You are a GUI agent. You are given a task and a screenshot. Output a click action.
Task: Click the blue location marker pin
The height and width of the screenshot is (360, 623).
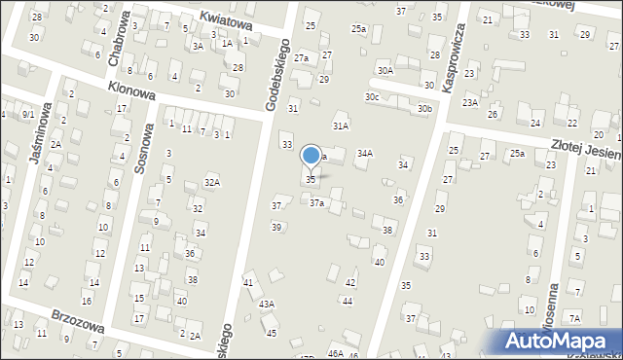tap(311, 156)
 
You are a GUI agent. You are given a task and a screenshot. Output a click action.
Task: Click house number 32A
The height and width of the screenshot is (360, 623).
tap(211, 183)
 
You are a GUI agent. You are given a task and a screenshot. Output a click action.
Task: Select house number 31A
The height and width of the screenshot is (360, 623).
tap(341, 126)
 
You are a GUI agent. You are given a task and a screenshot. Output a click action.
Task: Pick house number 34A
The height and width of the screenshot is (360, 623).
tap(365, 153)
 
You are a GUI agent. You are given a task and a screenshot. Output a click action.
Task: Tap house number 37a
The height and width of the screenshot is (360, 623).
tap(317, 202)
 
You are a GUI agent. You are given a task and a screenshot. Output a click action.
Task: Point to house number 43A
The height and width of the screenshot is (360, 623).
tap(266, 304)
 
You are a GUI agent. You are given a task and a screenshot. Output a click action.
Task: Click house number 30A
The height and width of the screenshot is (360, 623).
tap(385, 70)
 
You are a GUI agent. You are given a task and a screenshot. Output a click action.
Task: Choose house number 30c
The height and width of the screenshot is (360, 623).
tap(372, 96)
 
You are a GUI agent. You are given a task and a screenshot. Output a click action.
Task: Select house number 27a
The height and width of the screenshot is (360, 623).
tap(302, 58)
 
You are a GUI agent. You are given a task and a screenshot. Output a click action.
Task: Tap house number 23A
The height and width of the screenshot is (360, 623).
tap(470, 102)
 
